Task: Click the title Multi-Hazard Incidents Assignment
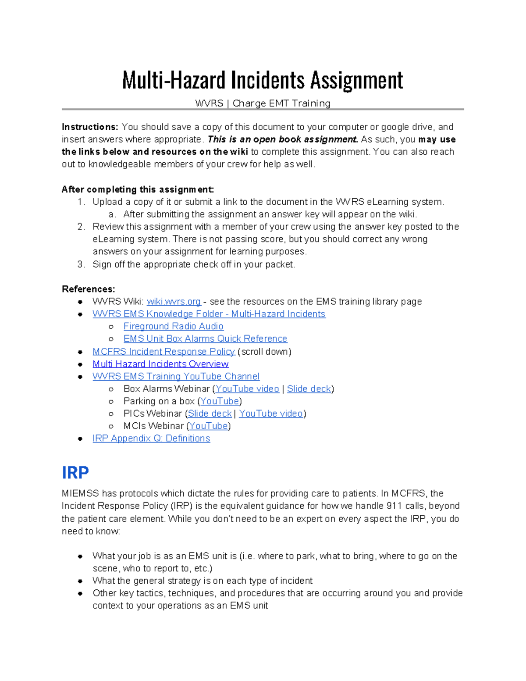(x=262, y=80)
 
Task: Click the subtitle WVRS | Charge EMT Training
(x=263, y=103)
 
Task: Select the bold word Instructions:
(x=90, y=127)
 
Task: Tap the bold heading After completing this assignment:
(x=138, y=189)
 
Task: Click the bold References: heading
(x=88, y=289)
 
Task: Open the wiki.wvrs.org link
(x=174, y=302)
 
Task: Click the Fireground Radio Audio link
(x=173, y=326)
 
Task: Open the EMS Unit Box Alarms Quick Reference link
(x=205, y=339)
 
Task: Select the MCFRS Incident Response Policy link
(x=163, y=352)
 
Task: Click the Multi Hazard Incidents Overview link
(x=160, y=364)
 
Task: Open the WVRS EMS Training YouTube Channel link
(x=176, y=376)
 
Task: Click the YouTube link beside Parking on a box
(x=220, y=401)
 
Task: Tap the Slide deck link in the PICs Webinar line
(x=210, y=414)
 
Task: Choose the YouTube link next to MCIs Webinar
(x=209, y=426)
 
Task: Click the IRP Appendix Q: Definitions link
(x=151, y=439)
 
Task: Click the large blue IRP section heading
(x=75, y=473)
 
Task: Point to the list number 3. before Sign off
(x=81, y=264)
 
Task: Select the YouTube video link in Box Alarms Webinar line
(x=247, y=389)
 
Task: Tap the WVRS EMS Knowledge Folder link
(x=209, y=314)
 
